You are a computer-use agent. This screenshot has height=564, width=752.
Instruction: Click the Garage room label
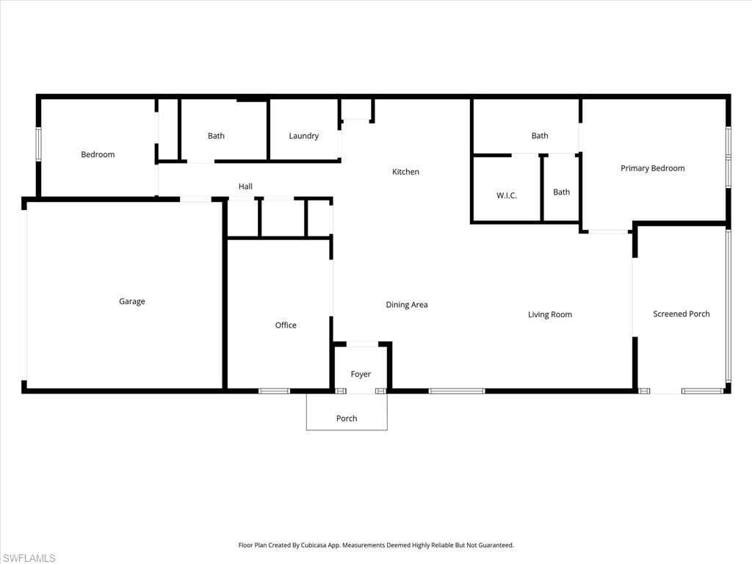coord(132,301)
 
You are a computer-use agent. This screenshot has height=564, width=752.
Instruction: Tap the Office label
coord(286,325)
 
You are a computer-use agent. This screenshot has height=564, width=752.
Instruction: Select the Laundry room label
coord(303,136)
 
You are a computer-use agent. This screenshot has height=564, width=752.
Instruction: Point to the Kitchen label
coord(405,172)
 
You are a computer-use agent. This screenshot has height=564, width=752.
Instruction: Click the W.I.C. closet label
coord(507,195)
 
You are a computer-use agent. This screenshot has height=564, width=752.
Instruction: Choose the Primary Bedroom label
coord(652,168)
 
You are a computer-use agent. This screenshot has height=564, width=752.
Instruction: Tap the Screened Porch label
coord(681,314)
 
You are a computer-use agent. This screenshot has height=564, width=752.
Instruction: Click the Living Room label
coord(549,314)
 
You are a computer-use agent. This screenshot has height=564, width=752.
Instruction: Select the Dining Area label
coord(407,305)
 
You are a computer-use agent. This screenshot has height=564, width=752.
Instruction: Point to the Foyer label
coord(361,374)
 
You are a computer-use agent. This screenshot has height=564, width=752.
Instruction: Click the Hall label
coord(245,187)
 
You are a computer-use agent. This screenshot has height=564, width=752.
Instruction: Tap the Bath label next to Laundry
coord(216,136)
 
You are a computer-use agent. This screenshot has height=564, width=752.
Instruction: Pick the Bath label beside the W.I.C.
coord(561,192)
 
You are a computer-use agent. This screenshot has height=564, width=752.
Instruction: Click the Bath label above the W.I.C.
coord(540,135)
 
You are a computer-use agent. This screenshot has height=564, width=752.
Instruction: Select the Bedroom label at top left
coord(98,154)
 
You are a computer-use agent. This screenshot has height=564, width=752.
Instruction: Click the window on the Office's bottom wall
coord(275,391)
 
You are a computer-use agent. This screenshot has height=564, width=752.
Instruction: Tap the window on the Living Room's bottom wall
coord(457,391)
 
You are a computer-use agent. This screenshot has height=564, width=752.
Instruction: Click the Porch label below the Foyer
coord(347,419)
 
